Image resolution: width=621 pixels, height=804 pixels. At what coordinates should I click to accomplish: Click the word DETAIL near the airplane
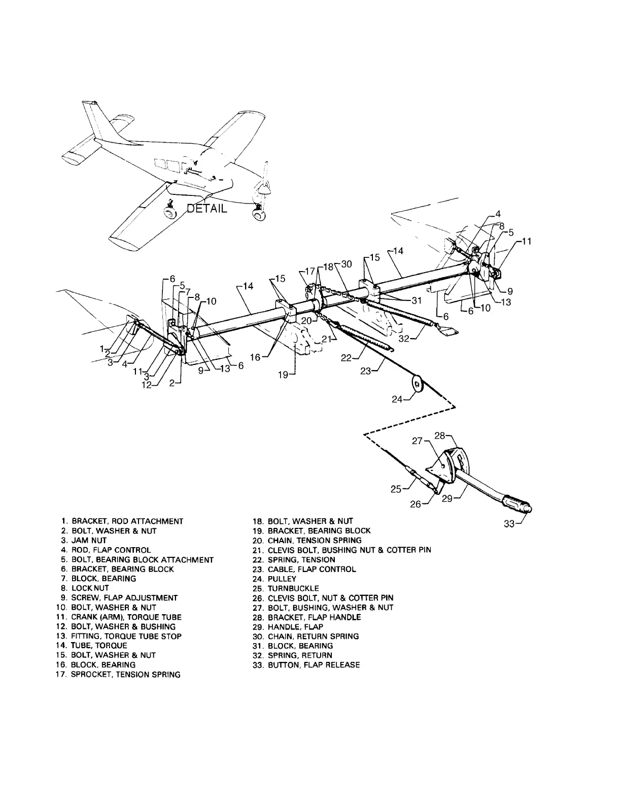(x=207, y=208)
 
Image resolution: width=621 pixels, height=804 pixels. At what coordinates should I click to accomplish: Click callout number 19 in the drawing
(x=283, y=375)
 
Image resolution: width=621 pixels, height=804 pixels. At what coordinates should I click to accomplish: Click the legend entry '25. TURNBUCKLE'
(x=293, y=588)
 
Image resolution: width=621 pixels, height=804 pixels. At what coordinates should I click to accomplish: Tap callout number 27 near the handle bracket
(x=417, y=441)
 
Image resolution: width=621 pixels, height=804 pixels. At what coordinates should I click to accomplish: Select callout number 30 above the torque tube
(x=347, y=264)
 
